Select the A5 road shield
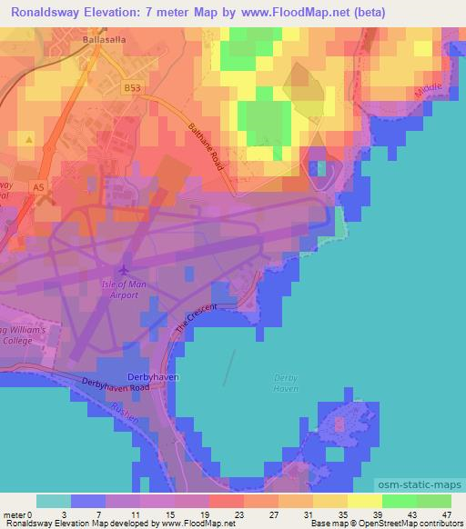click(37, 187)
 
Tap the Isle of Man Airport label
click(126, 288)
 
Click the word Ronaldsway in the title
click(48, 13)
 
